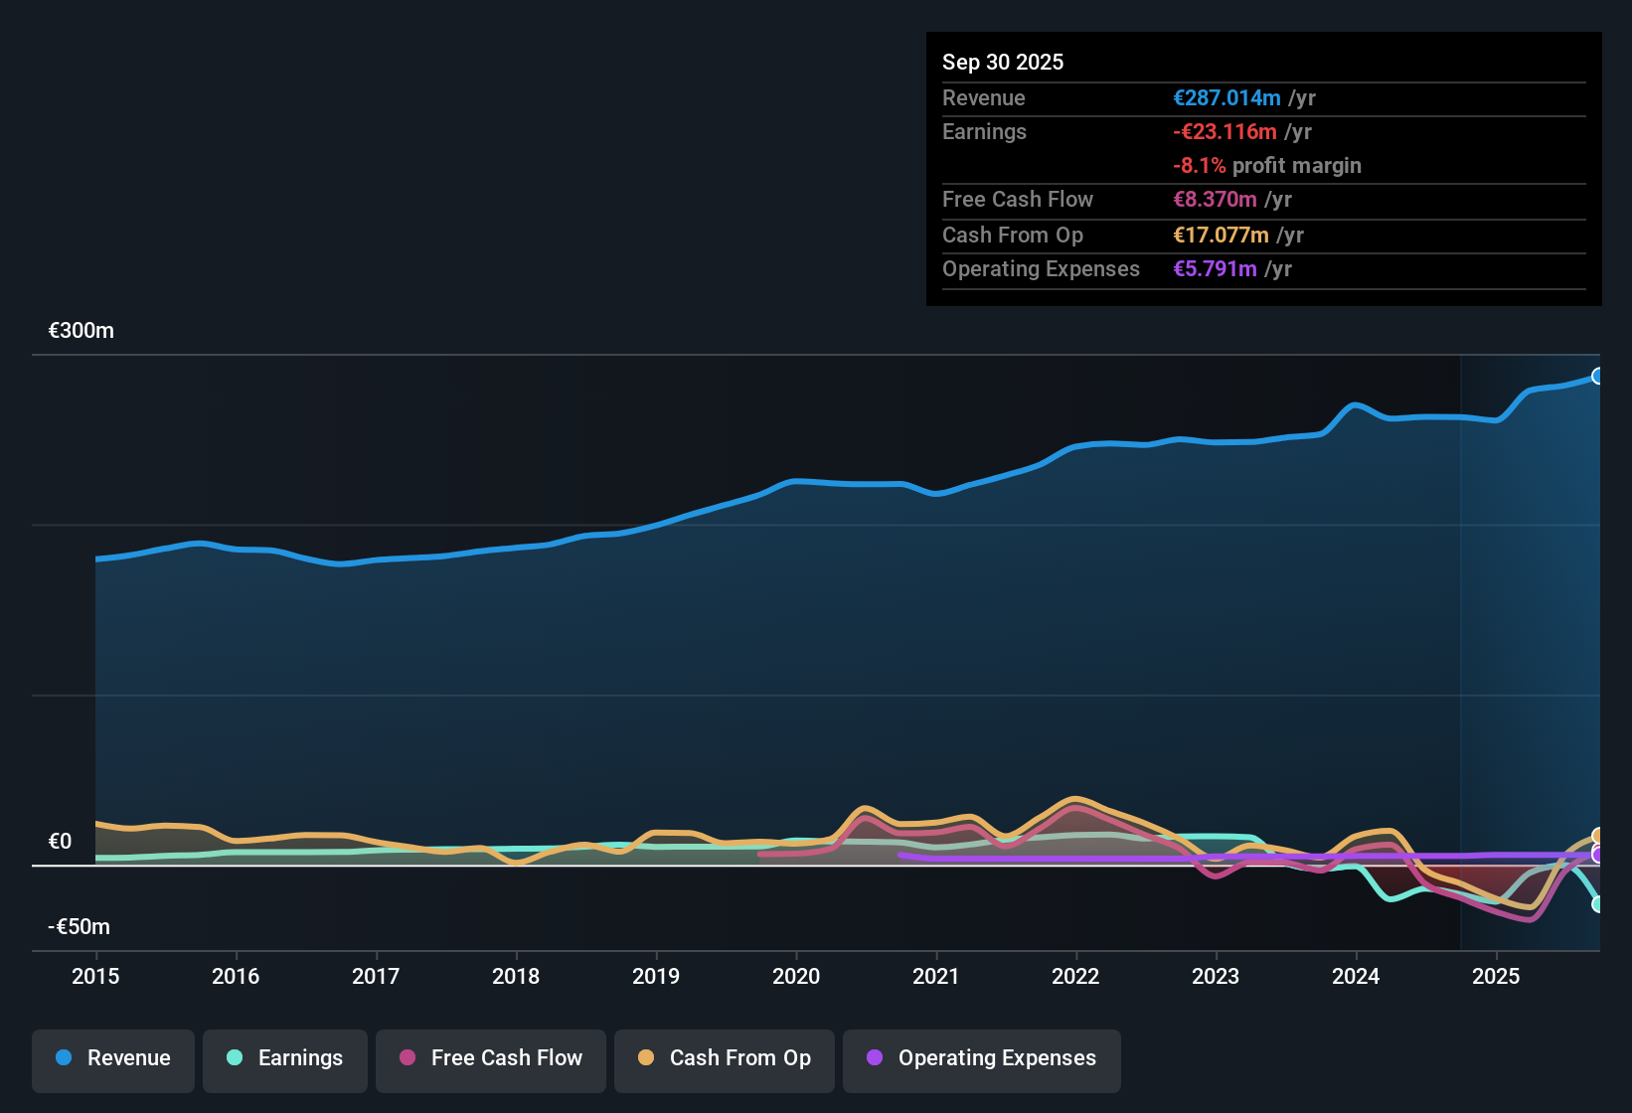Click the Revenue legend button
(x=113, y=1059)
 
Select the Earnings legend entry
(x=285, y=1059)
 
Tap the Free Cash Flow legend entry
(x=491, y=1059)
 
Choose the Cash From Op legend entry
(x=725, y=1059)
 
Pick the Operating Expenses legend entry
(x=982, y=1059)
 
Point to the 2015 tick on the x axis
(x=95, y=976)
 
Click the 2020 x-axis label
(x=796, y=976)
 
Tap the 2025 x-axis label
(x=1496, y=976)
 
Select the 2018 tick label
(x=516, y=976)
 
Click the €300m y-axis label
(x=82, y=331)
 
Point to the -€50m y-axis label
(x=80, y=927)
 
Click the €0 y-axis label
(x=61, y=842)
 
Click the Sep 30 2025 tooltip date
(x=1003, y=62)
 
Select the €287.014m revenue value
(x=1226, y=97)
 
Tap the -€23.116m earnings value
(x=1224, y=131)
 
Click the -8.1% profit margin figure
(x=1199, y=166)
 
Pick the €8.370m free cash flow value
(x=1215, y=199)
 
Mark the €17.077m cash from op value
(x=1221, y=235)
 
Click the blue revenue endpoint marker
(x=1597, y=376)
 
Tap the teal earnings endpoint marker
(x=1597, y=904)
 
